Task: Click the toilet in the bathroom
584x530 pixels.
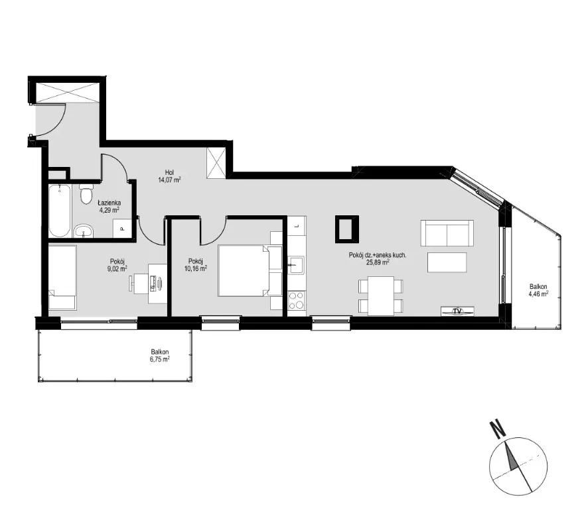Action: [86, 193]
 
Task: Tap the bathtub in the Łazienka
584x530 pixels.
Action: [60, 211]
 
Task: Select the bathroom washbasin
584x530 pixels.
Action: [84, 231]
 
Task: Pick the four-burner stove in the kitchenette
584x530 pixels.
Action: [297, 301]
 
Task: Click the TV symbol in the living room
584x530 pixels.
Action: [457, 311]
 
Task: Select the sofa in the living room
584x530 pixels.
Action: [447, 233]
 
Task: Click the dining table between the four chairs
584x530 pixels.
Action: [381, 296]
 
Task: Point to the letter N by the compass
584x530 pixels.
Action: [497, 429]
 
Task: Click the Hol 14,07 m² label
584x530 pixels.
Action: [169, 176]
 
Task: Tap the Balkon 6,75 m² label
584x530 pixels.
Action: [160, 355]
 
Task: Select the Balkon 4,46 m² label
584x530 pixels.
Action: [538, 290]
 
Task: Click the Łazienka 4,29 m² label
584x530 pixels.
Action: [109, 207]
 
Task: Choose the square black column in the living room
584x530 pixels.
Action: [346, 229]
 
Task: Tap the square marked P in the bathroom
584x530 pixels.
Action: [122, 229]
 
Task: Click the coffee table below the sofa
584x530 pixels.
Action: [447, 262]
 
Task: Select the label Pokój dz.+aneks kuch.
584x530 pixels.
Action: [378, 255]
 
